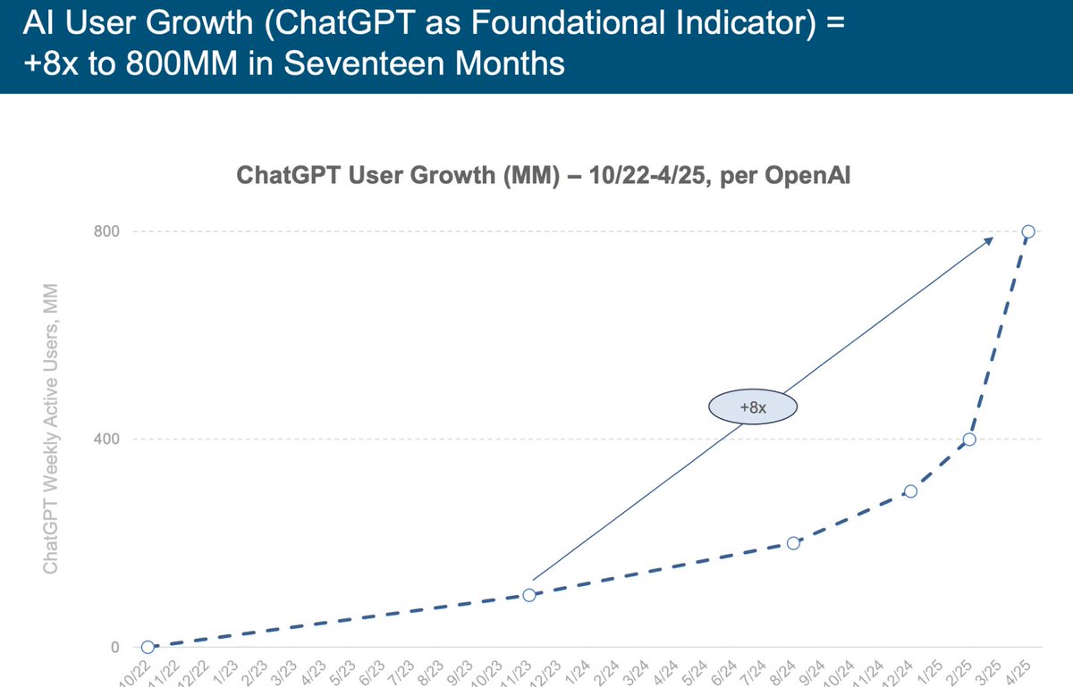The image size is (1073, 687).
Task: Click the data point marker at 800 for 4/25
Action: [x=1028, y=231]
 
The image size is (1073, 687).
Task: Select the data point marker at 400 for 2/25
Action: [x=969, y=440]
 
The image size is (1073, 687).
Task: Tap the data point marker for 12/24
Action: [x=910, y=491]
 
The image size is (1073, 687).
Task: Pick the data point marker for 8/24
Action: [x=793, y=543]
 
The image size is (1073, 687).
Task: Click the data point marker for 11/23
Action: [x=529, y=595]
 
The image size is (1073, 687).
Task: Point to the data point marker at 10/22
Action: [x=148, y=647]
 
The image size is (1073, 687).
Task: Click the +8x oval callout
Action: [x=753, y=407]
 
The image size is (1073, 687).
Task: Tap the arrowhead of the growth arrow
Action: [x=989, y=239]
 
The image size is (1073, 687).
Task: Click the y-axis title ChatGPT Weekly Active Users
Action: [x=52, y=429]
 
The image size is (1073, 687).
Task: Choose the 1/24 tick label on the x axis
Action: [x=579, y=672]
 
